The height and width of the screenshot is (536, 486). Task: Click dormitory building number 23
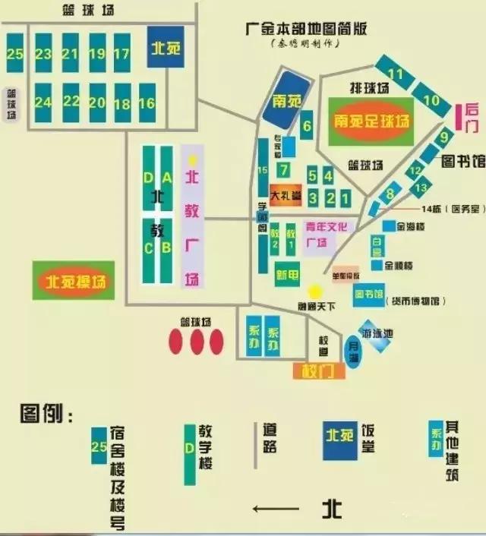coord(43,53)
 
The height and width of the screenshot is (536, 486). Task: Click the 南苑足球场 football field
coord(371,121)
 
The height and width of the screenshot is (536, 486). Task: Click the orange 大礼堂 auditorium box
coord(286,195)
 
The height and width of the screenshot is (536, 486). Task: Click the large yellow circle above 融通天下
coord(315,292)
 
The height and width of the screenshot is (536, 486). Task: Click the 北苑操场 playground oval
coord(74,281)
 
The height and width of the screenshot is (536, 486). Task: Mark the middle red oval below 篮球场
coord(197,342)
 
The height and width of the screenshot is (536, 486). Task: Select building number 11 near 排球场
coord(396,74)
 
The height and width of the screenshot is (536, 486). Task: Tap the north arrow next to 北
coord(277,508)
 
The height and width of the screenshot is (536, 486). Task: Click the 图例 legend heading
coord(46,415)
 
